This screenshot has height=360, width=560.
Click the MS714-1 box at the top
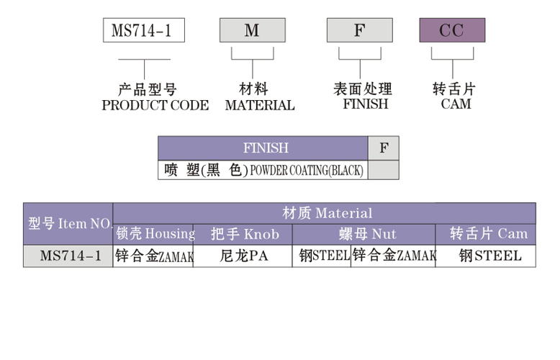click(144, 30)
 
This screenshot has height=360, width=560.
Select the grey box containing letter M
click(252, 30)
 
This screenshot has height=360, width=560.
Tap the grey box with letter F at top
click(359, 30)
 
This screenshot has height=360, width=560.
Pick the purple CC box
click(452, 30)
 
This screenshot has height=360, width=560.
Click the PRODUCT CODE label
click(155, 105)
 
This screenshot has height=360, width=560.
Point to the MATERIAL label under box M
click(260, 105)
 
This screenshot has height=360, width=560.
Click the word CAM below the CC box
click(456, 104)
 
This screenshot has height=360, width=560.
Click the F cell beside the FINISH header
click(384, 148)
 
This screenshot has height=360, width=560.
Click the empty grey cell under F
click(384, 171)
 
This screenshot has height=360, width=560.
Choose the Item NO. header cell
click(68, 223)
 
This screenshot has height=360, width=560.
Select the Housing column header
click(154, 234)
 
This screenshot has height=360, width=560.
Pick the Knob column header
click(243, 234)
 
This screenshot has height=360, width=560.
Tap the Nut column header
click(364, 234)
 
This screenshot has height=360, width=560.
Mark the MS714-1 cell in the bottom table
click(68, 256)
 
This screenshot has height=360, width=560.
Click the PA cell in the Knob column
click(243, 256)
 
